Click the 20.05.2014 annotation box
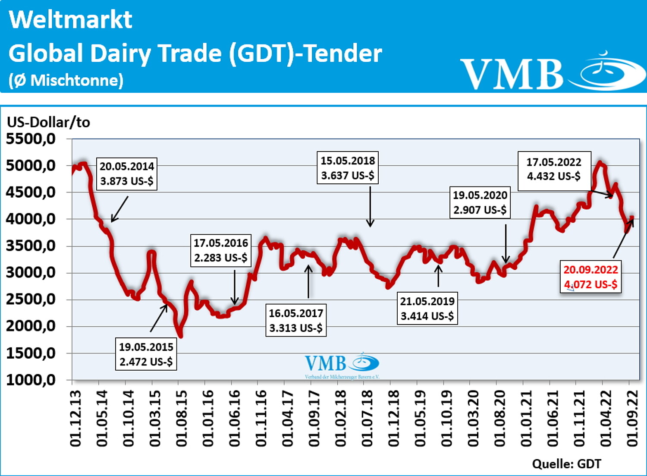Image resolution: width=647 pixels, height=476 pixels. (x=126, y=173)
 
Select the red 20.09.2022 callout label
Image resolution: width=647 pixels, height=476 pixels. (x=590, y=277)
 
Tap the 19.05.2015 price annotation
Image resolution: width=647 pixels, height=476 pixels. (x=146, y=354)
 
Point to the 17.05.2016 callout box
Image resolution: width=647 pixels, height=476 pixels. (x=220, y=250)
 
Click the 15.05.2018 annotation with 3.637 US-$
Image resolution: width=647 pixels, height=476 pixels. (x=348, y=168)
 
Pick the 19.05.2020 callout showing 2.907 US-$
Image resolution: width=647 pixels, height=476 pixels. (x=480, y=202)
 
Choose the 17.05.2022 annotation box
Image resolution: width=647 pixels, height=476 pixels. (x=554, y=169)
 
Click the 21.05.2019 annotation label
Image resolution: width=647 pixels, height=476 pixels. (x=427, y=309)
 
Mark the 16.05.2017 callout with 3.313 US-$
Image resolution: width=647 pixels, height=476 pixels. (x=296, y=321)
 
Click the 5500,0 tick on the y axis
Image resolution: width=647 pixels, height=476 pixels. (x=31, y=139)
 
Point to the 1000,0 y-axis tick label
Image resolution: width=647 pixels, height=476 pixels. (x=31, y=380)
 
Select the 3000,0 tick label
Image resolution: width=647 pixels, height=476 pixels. (x=31, y=273)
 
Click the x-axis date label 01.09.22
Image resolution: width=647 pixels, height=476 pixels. (x=633, y=418)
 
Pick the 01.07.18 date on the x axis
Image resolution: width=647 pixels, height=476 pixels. (x=367, y=418)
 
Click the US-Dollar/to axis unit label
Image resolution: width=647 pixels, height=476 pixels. (x=48, y=122)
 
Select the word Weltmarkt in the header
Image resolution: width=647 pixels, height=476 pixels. (x=70, y=20)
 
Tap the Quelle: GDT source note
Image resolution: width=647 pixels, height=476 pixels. (x=566, y=464)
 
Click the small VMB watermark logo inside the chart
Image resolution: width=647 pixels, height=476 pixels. (x=342, y=365)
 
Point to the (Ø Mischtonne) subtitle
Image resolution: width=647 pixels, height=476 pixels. (x=66, y=80)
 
